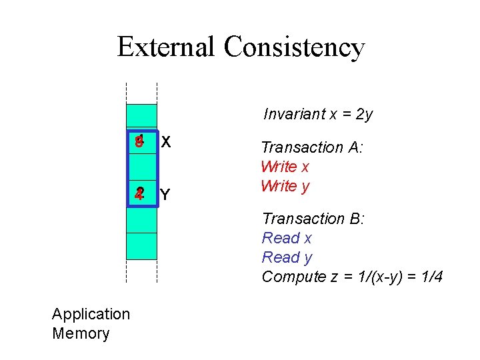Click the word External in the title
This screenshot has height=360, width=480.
pyautogui.click(x=167, y=47)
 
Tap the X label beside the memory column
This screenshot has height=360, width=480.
pyautogui.click(x=166, y=142)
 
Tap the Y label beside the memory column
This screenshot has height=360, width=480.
pyautogui.click(x=165, y=195)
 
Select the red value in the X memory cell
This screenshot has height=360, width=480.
pyautogui.click(x=139, y=142)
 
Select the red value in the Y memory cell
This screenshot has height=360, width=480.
pyautogui.click(x=139, y=194)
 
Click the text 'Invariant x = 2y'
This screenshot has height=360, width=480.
pyautogui.click(x=318, y=114)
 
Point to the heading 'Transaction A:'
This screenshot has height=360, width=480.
pyautogui.click(x=311, y=147)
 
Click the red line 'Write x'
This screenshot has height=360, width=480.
pyautogui.click(x=285, y=167)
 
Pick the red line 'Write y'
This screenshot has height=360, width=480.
pyautogui.click(x=285, y=186)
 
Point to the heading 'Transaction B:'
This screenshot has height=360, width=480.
pyautogui.click(x=313, y=219)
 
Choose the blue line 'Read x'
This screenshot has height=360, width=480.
pyautogui.click(x=287, y=238)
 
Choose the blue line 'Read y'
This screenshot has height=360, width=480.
pyautogui.click(x=287, y=257)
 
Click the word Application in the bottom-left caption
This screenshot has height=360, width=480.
pyautogui.click(x=91, y=314)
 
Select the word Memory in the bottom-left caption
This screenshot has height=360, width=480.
pyautogui.click(x=81, y=333)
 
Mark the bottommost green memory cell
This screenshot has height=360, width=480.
pyautogui.click(x=141, y=246)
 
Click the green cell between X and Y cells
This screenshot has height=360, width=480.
pyautogui.click(x=141, y=168)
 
